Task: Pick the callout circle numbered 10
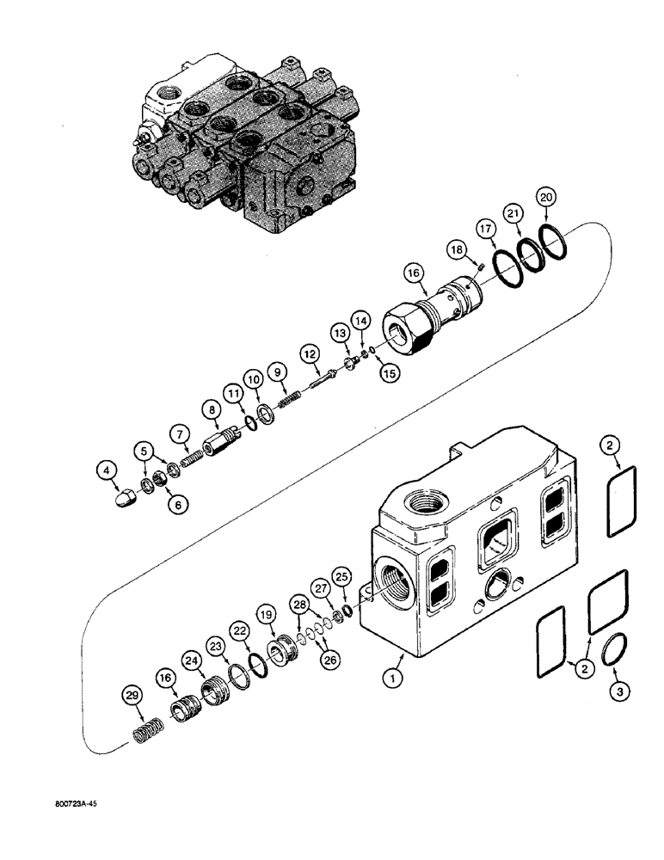pyautogui.click(x=253, y=379)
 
